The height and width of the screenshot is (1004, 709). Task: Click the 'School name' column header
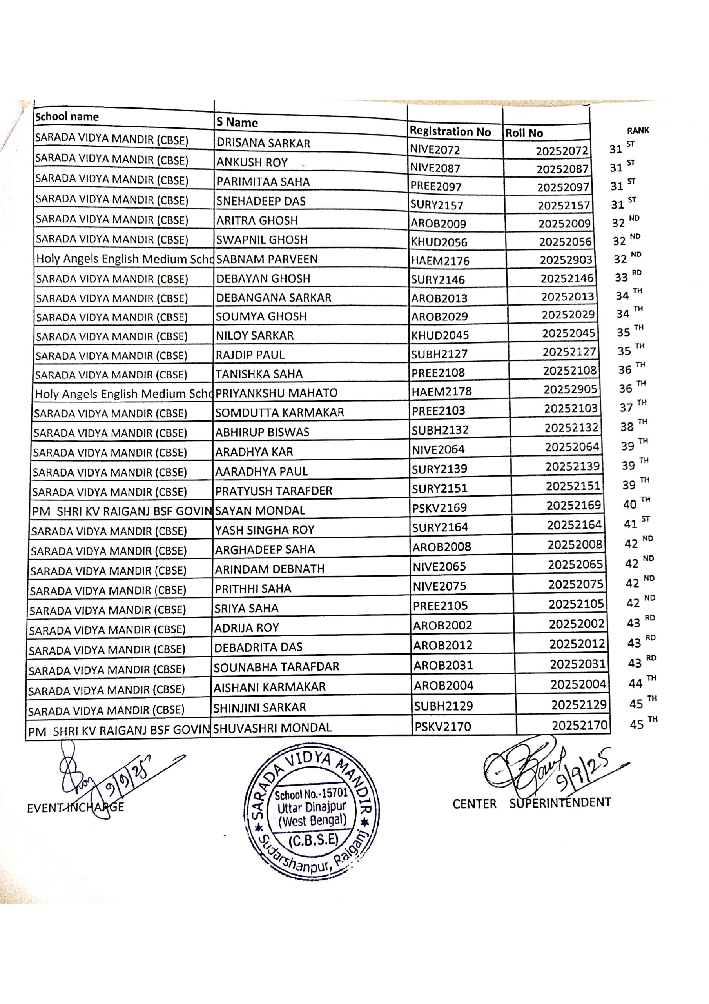click(67, 117)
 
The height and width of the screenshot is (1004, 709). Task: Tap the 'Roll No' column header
click(524, 133)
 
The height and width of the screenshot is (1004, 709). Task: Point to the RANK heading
click(638, 130)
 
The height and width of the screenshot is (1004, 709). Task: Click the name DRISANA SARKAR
click(263, 143)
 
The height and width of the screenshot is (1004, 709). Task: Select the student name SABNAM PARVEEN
click(267, 259)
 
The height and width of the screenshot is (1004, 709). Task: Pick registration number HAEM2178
click(441, 391)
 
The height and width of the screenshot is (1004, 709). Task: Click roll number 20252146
click(566, 278)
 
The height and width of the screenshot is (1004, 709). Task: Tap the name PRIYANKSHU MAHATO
click(276, 393)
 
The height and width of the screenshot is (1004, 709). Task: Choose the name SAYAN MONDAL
click(260, 510)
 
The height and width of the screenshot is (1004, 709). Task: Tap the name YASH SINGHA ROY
click(265, 530)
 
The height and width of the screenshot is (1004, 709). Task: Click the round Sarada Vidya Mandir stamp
click(312, 813)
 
